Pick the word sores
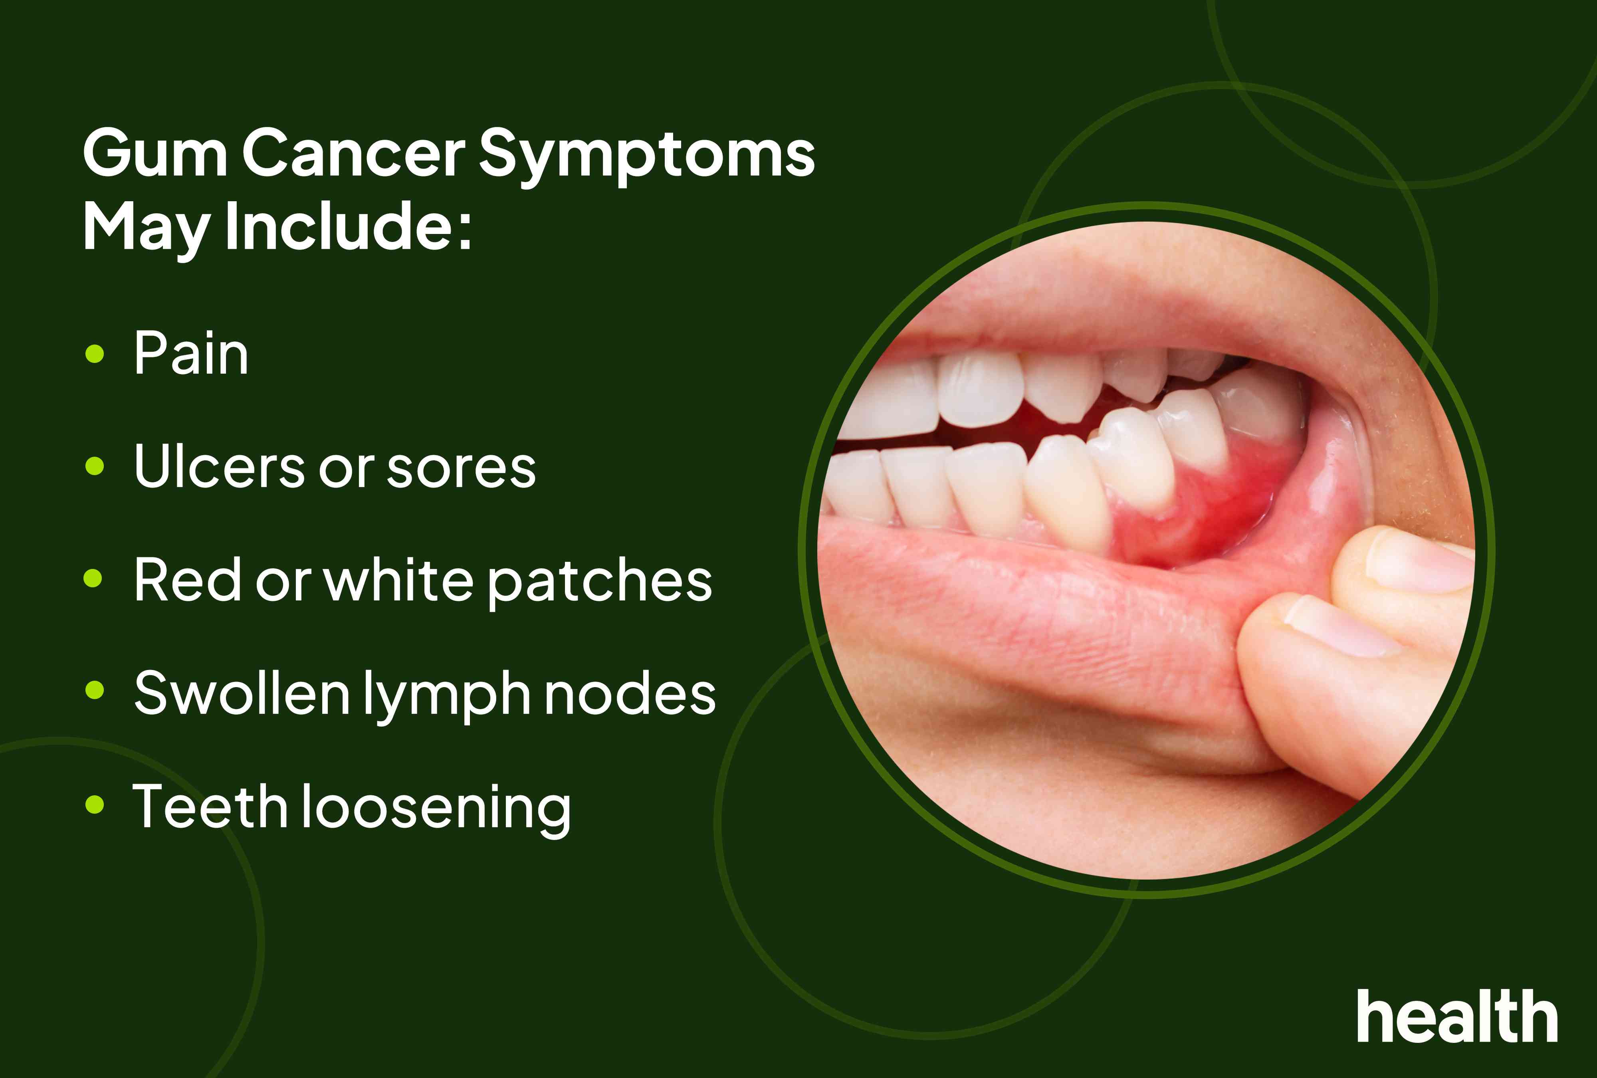[461, 469]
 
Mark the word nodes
[630, 694]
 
